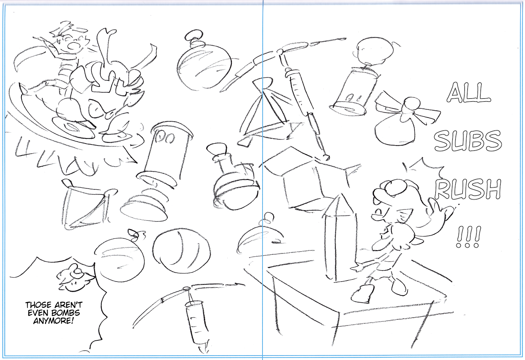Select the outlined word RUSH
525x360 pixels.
click(x=468, y=189)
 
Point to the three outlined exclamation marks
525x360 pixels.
click(x=468, y=237)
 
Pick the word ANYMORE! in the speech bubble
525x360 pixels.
click(x=54, y=321)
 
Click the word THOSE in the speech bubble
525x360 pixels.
click(x=39, y=305)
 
